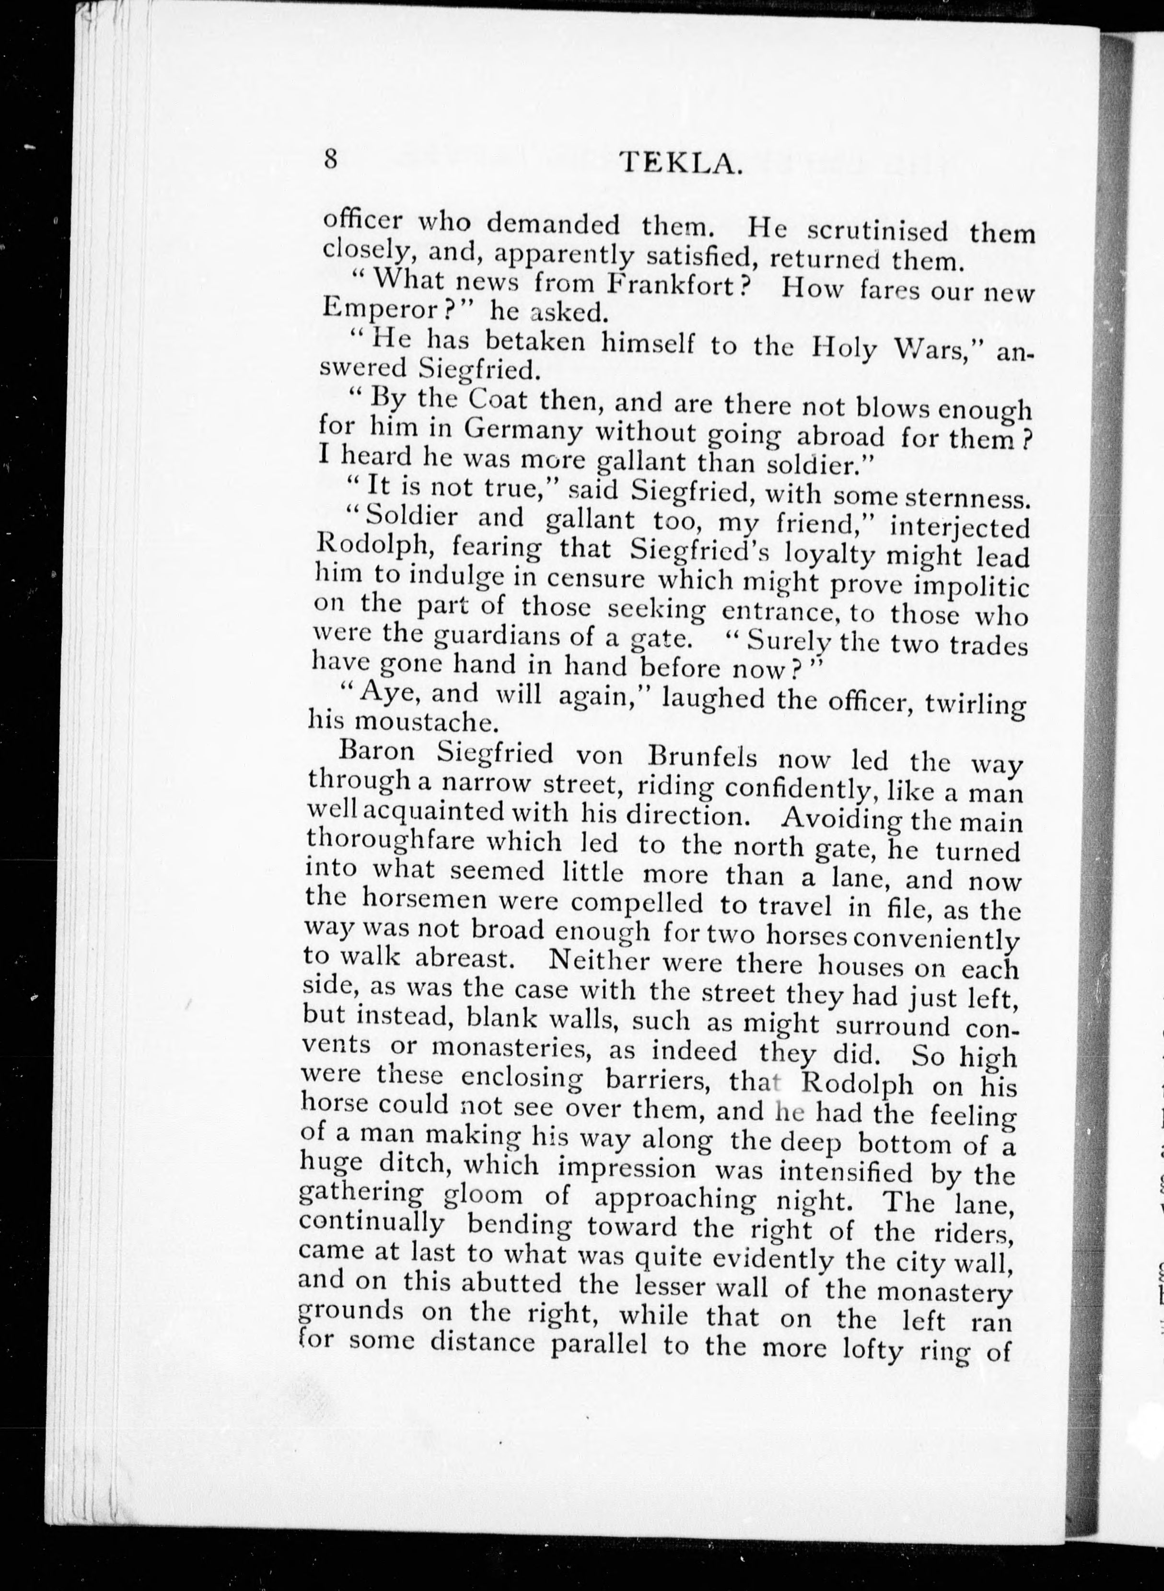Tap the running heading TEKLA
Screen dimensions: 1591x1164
[x=681, y=164]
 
